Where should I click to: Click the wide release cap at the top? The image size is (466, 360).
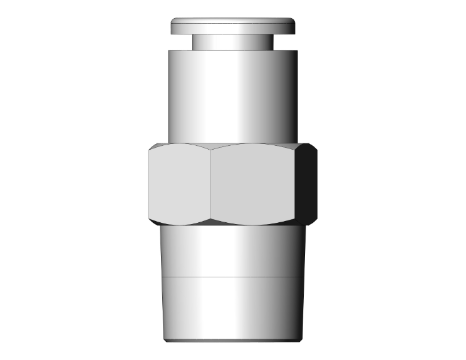[232, 26]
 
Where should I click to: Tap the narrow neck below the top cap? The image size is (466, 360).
[232, 41]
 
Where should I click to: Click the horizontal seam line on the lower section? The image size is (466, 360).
[232, 276]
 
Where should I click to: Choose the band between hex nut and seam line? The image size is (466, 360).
[232, 250]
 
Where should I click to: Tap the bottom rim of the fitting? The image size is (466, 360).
[232, 341]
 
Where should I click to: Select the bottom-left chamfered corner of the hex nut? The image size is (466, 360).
[152, 220]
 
